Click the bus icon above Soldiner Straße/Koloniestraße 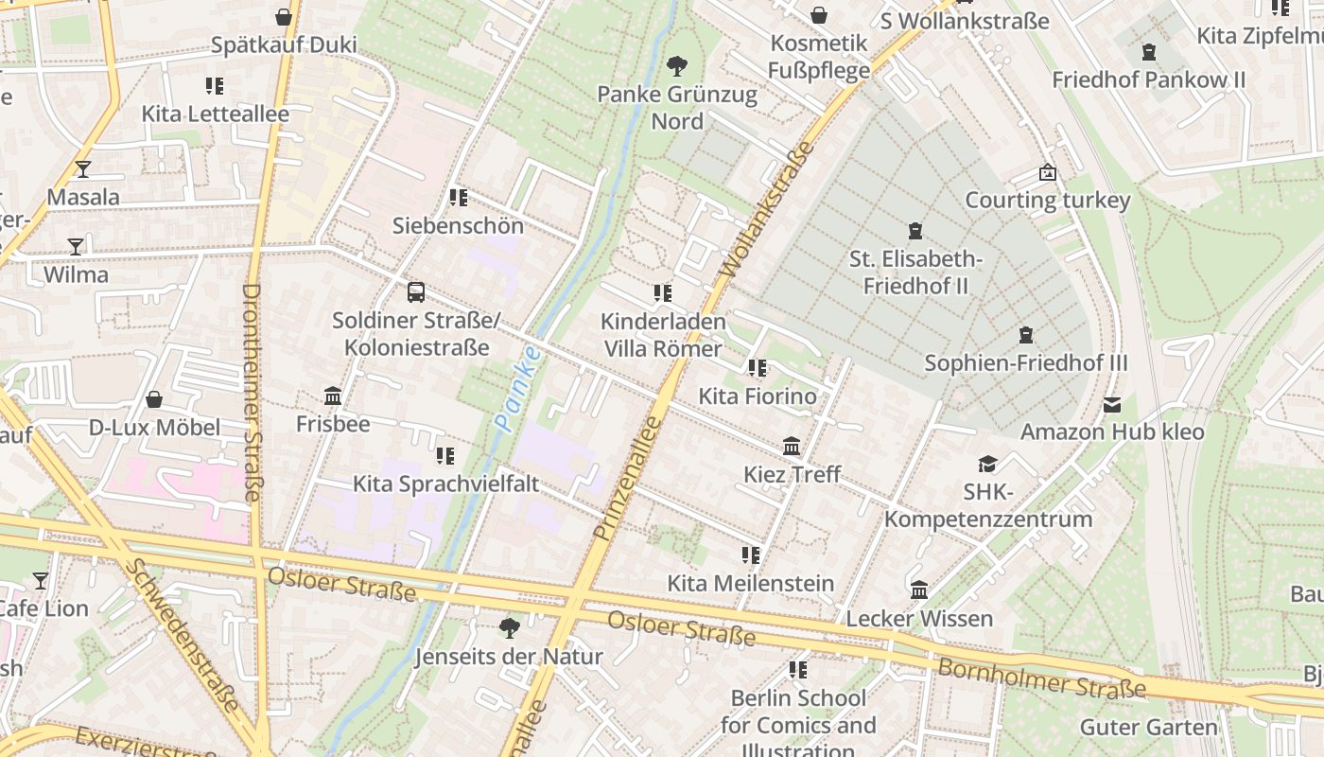click(x=415, y=292)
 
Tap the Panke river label click(x=518, y=389)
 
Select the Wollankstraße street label click(x=766, y=210)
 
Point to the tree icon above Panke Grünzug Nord click(x=676, y=66)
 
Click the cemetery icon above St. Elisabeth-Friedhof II click(x=915, y=231)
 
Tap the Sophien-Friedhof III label click(x=1025, y=363)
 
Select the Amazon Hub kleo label click(x=1111, y=432)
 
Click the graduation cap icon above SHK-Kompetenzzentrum click(x=987, y=464)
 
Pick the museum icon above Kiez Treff click(x=792, y=446)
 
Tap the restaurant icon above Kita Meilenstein click(x=751, y=555)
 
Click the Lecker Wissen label click(x=918, y=619)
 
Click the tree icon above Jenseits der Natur click(x=509, y=627)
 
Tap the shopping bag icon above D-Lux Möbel click(x=154, y=399)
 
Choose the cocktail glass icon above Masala click(x=83, y=169)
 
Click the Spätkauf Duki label click(x=284, y=45)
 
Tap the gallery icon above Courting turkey click(x=1047, y=172)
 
